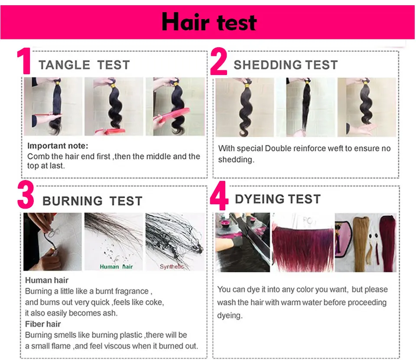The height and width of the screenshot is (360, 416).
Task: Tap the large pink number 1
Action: pyautogui.click(x=24, y=62)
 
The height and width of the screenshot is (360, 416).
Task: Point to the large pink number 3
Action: pyautogui.click(x=26, y=196)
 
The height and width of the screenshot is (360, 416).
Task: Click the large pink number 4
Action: pyautogui.click(x=219, y=198)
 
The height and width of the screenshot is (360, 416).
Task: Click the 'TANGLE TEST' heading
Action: pyautogui.click(x=84, y=65)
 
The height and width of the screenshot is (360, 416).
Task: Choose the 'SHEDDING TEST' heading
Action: pyautogui.click(x=286, y=65)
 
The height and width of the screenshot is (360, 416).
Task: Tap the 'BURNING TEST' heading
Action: pyautogui.click(x=92, y=201)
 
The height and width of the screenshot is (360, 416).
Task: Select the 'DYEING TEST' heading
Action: pyautogui.click(x=278, y=199)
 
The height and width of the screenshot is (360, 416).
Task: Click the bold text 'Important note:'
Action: pyautogui.click(x=57, y=145)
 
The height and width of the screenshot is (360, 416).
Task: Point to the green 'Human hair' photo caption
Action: pyautogui.click(x=116, y=266)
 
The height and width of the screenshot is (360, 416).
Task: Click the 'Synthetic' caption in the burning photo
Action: pyautogui.click(x=172, y=266)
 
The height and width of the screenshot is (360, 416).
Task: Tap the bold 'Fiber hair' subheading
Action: pyautogui.click(x=43, y=324)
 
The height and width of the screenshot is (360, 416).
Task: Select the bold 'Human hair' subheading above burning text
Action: pyautogui.click(x=47, y=280)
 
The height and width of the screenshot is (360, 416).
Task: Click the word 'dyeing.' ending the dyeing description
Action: pyautogui.click(x=230, y=315)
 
